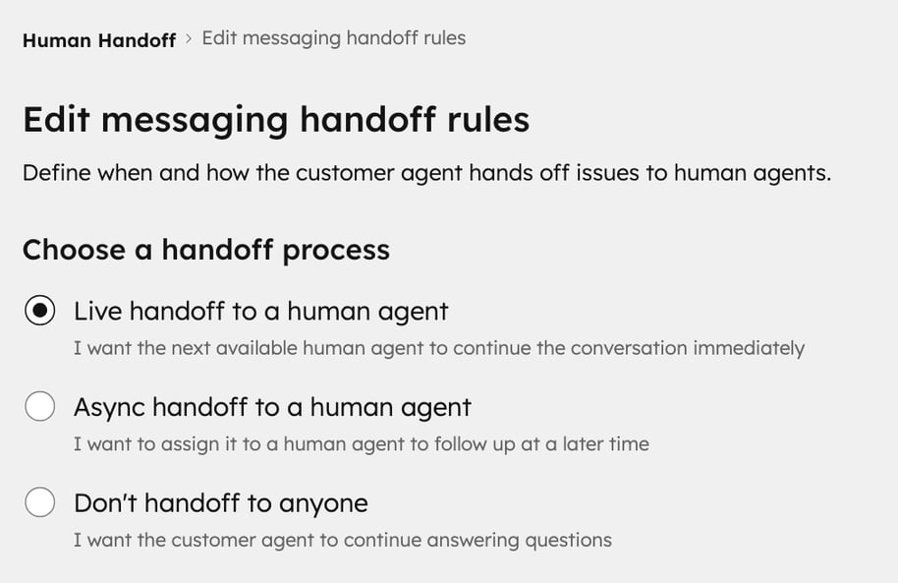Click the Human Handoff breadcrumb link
(98, 40)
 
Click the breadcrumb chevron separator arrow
(189, 39)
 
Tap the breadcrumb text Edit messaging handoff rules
(333, 38)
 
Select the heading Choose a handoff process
(205, 250)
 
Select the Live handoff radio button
(39, 311)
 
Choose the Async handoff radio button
(39, 406)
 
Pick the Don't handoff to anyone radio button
(39, 502)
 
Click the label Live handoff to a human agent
(260, 312)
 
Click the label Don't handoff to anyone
(220, 503)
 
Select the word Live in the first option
(97, 312)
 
